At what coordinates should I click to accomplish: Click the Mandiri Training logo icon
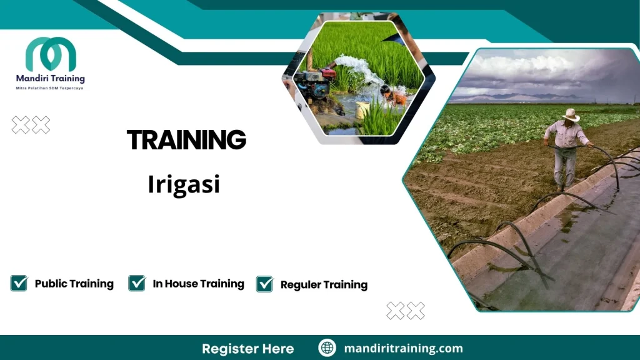pos(51,54)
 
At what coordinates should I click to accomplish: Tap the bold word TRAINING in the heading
pos(186,140)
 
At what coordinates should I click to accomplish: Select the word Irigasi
pos(184,184)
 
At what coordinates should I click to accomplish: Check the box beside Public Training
pos(19,283)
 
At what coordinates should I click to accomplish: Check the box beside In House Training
pos(137,283)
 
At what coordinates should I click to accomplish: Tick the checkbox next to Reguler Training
pos(265,284)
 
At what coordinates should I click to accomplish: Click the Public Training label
pos(74,284)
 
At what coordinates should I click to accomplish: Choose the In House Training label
pos(198,284)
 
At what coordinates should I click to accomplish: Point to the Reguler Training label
pos(324,285)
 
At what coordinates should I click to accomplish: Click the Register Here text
pos(247,348)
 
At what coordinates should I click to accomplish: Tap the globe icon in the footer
pos(327,348)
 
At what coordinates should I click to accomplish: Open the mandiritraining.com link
pos(403,348)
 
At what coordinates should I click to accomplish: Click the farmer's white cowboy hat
pos(570,114)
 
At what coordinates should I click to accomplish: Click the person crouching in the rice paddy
pos(392,96)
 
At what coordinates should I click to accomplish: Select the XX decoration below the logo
pos(31,125)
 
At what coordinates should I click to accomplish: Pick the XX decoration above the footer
pos(406,311)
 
